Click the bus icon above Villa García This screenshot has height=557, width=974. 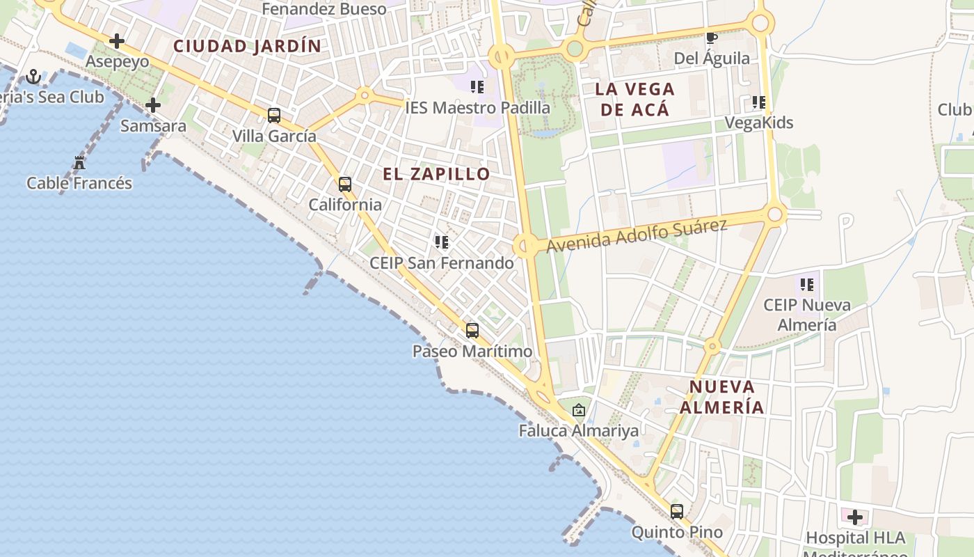[x=274, y=116]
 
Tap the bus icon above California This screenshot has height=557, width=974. [x=344, y=185]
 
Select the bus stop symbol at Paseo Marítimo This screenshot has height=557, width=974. [x=472, y=331]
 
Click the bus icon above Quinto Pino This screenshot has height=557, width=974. [x=677, y=512]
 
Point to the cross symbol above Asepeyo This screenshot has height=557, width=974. [x=117, y=41]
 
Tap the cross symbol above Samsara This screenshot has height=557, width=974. [x=153, y=105]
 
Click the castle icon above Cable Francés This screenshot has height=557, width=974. [x=79, y=164]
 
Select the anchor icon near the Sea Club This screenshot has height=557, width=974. [x=33, y=77]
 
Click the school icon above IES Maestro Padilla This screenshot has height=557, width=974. [x=477, y=87]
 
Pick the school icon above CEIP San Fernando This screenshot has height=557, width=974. [x=441, y=242]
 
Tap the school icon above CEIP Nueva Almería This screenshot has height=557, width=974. [x=807, y=284]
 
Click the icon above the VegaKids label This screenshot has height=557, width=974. [x=758, y=102]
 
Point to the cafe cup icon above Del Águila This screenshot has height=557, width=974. [x=711, y=38]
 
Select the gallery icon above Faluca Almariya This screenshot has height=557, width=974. [x=578, y=410]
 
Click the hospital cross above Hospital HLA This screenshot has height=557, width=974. [x=855, y=517]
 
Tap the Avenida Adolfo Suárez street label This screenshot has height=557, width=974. [x=637, y=235]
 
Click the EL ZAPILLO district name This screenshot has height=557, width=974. [x=437, y=174]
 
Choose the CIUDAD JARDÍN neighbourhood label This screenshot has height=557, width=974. [x=248, y=47]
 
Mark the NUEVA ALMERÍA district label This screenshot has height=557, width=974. [x=722, y=397]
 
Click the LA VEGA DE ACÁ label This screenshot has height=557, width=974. [x=634, y=99]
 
